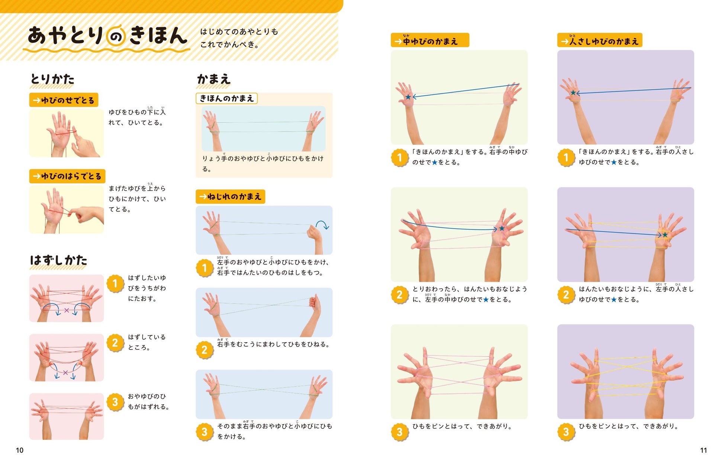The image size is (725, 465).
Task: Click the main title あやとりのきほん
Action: pyautogui.click(x=107, y=36)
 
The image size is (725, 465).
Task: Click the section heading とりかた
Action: pyautogui.click(x=52, y=79)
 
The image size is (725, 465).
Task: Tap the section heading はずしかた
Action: pyautogui.click(x=58, y=260)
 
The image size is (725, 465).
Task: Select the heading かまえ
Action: pyautogui.click(x=214, y=79)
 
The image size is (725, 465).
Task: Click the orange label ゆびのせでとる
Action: pyautogui.click(x=64, y=100)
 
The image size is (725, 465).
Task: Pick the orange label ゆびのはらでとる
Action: pyautogui.click(x=67, y=176)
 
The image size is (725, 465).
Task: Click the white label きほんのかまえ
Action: pyautogui.click(x=226, y=98)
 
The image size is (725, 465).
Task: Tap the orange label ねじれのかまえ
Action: pyautogui.click(x=230, y=197)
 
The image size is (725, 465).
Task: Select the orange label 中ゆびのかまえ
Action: pyautogui.click(x=430, y=40)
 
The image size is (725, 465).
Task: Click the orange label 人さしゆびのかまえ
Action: pyautogui.click(x=600, y=40)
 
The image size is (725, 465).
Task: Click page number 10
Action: pyautogui.click(x=20, y=450)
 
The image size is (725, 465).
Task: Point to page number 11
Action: pyautogui.click(x=703, y=450)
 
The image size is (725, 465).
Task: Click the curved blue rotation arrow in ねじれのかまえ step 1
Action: pyautogui.click(x=322, y=224)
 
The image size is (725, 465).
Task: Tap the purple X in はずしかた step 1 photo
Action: pyautogui.click(x=67, y=310)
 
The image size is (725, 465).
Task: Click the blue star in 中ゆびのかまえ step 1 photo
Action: pyautogui.click(x=408, y=97)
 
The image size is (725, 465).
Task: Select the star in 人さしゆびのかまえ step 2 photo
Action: pyautogui.click(x=665, y=235)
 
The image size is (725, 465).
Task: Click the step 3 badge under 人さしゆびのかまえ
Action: pyautogui.click(x=566, y=432)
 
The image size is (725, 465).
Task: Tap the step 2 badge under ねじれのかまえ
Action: pyautogui.click(x=204, y=350)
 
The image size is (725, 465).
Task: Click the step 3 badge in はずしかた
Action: pyautogui.click(x=115, y=402)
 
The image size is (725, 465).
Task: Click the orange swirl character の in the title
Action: pyautogui.click(x=116, y=37)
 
